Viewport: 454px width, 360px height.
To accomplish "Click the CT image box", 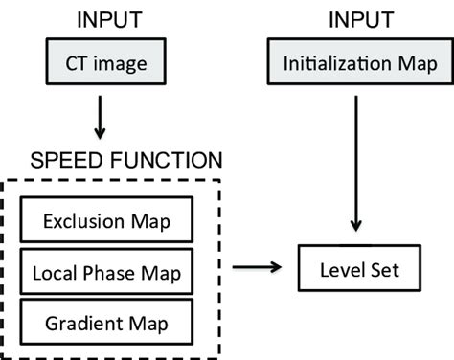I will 106,65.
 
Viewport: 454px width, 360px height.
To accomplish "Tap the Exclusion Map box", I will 107,222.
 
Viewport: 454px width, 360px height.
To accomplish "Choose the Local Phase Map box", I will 107,274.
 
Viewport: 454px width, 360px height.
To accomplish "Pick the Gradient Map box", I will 107,324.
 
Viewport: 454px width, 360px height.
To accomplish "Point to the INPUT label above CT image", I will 106,20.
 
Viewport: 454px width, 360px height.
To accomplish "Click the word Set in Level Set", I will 381,273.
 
